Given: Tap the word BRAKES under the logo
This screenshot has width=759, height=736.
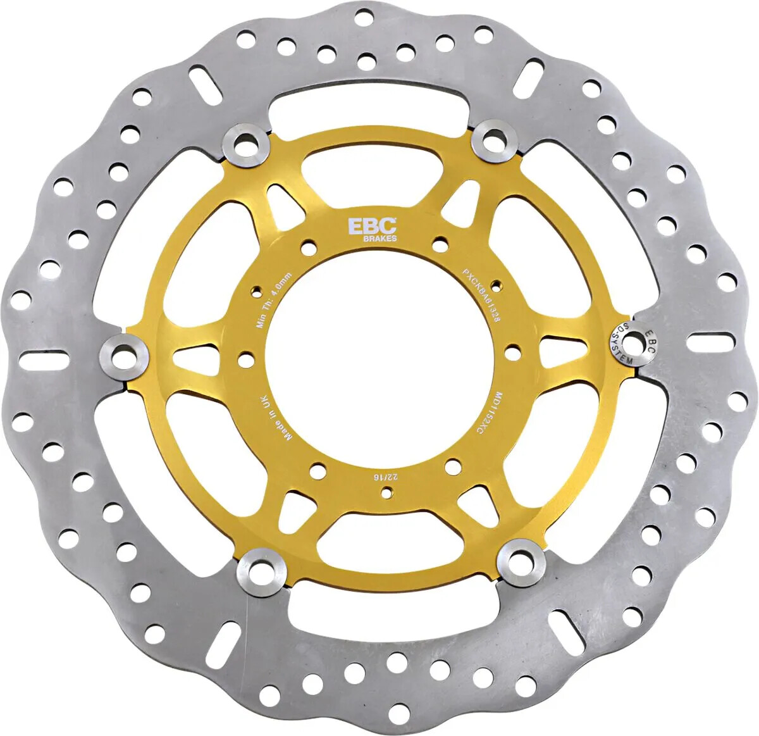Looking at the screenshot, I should [x=380, y=239].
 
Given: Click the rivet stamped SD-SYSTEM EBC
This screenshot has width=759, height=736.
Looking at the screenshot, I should [x=630, y=344].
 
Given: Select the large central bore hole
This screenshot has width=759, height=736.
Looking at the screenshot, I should [x=378, y=366].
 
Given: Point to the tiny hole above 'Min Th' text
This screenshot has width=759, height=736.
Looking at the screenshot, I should [x=257, y=290].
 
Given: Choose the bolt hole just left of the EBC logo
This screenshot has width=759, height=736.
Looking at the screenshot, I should [x=309, y=244].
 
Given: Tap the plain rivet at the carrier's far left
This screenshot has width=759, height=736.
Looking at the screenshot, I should [x=125, y=355].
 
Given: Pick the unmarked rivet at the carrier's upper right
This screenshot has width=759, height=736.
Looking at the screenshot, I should [x=498, y=140].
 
